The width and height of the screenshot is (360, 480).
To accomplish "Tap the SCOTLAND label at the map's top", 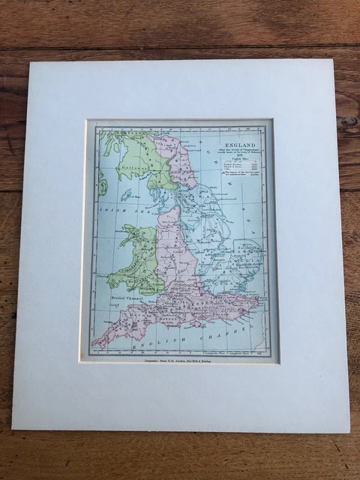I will click(142, 133).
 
